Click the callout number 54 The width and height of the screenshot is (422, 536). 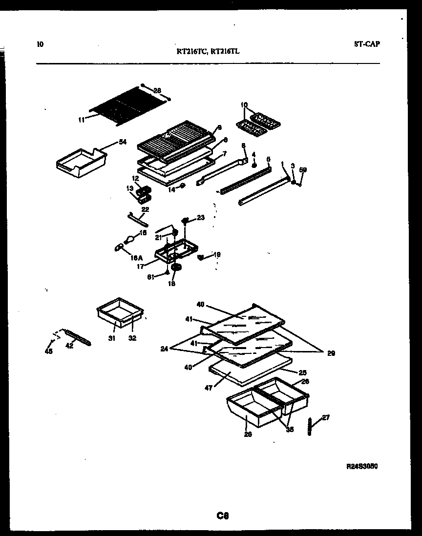point(122,142)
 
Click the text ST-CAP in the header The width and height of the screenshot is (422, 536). point(366,44)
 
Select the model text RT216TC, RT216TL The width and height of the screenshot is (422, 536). point(208,50)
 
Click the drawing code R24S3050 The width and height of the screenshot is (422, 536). point(362,466)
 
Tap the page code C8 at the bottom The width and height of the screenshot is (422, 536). point(223,515)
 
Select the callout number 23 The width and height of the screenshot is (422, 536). point(201,218)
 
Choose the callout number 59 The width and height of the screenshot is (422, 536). point(303,170)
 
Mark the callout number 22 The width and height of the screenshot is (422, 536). point(145,209)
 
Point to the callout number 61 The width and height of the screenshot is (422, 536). point(151,277)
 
